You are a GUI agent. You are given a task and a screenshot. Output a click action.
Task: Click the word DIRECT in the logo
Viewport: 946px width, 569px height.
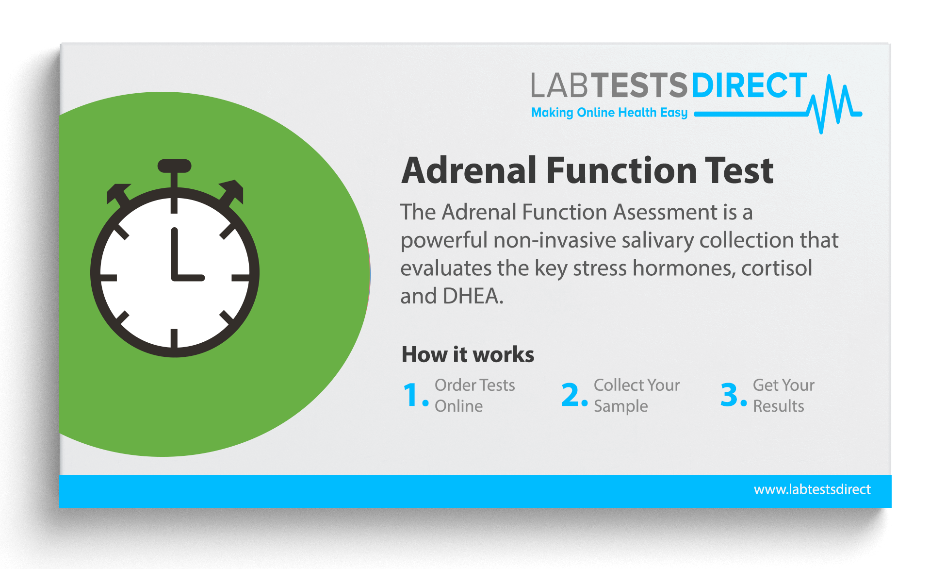coord(749,86)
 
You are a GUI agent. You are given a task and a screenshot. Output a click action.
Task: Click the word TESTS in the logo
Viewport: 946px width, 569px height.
coord(639,86)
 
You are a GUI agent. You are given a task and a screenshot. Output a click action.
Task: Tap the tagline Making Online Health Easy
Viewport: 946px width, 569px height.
coord(609,113)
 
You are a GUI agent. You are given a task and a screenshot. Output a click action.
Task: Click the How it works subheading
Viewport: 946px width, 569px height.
coord(468,354)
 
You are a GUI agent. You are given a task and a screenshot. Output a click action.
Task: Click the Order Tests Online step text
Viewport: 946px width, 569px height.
coord(474,395)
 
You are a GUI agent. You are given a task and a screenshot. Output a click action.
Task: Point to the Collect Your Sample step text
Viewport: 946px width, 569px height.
coord(636,395)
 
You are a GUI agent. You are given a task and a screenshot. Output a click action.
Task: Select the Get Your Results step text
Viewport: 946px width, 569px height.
coord(783,395)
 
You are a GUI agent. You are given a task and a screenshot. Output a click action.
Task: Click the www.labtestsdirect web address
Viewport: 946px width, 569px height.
coord(812,489)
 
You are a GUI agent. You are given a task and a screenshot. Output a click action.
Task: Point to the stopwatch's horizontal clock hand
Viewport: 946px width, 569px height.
coord(189,278)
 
